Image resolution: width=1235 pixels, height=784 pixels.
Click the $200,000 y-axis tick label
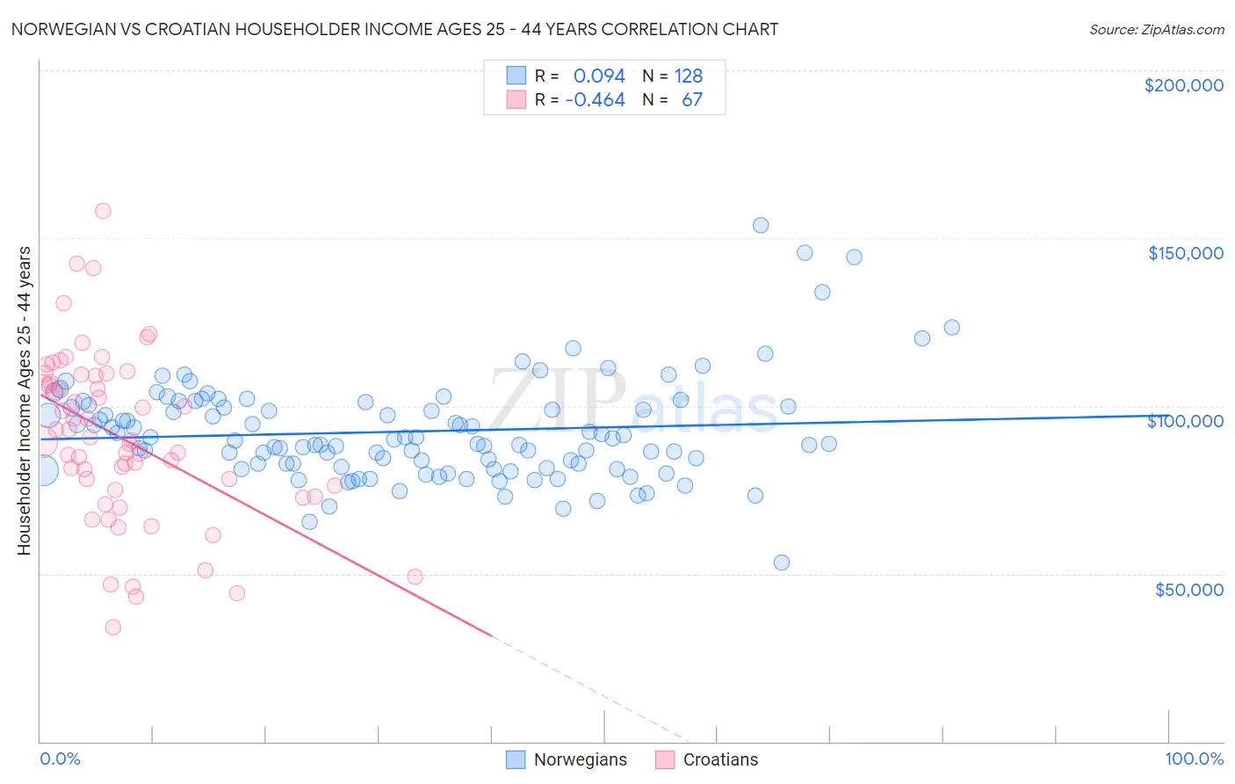click(1183, 85)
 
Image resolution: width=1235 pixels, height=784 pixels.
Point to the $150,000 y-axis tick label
click(1185, 253)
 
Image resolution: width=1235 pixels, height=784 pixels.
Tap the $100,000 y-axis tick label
click(1185, 421)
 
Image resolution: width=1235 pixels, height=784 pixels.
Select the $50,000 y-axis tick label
click(1188, 589)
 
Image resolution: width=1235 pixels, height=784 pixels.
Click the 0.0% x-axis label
click(60, 759)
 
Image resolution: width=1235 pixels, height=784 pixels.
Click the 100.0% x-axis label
click(1194, 759)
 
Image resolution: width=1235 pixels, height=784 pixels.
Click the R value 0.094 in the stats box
click(599, 76)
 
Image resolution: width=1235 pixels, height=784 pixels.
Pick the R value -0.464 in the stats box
click(595, 100)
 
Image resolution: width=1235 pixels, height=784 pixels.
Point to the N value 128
click(689, 76)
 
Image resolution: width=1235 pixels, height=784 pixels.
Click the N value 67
click(692, 100)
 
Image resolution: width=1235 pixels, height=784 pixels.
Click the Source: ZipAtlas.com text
click(1156, 30)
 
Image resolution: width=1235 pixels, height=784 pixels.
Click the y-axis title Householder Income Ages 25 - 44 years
click(25, 401)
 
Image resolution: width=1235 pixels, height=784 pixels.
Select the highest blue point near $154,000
click(761, 225)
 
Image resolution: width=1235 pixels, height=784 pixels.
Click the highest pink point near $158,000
click(103, 211)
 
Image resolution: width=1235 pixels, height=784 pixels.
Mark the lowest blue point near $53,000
click(782, 563)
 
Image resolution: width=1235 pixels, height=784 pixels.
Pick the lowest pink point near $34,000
click(113, 628)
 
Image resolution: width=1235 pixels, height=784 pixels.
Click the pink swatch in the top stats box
click(516, 99)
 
